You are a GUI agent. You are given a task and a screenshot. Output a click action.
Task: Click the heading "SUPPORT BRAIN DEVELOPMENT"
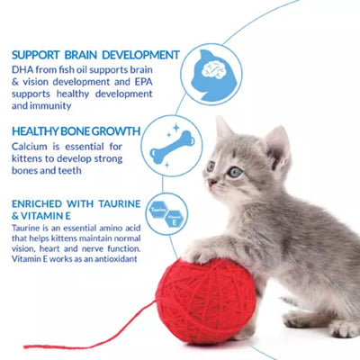point(95,54)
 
